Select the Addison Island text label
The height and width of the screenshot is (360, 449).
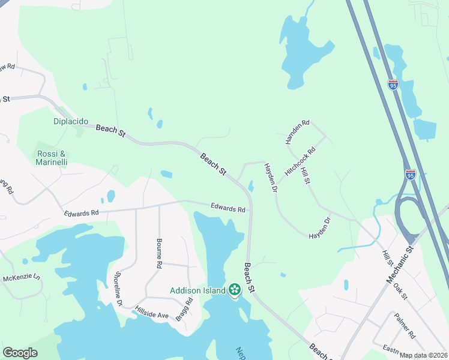coord(197,290)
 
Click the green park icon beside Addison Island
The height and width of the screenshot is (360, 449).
coord(234,290)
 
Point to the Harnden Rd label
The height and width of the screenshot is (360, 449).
coord(297,131)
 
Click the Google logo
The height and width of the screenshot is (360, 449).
coord(20,353)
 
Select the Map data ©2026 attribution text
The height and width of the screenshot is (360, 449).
coord(424,355)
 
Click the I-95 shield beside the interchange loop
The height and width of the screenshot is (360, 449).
coord(410,175)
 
